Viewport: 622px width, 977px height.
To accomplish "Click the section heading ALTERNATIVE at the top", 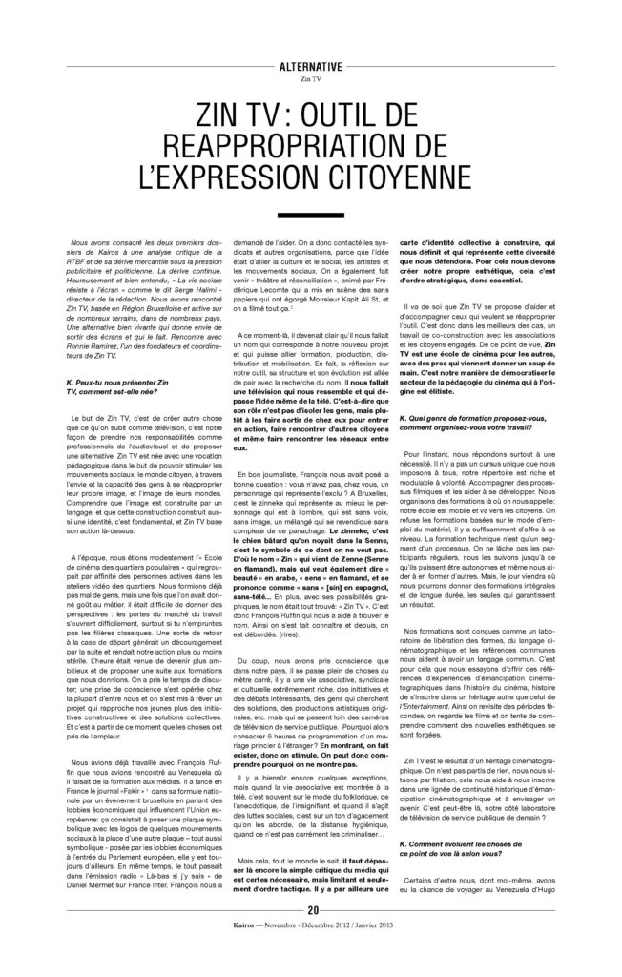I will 311,68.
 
